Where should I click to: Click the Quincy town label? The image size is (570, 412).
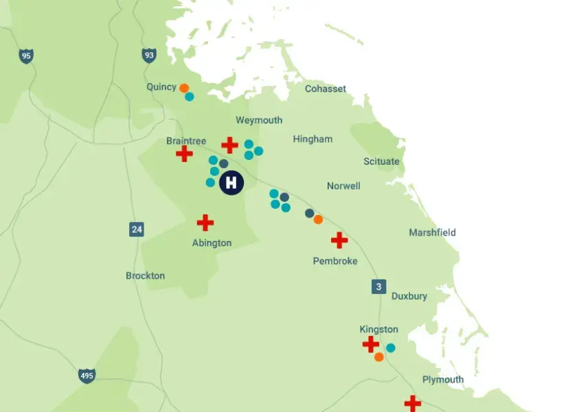pyautogui.click(x=161, y=87)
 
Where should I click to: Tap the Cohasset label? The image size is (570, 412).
pyautogui.click(x=326, y=89)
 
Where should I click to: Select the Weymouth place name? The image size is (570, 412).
pyautogui.click(x=259, y=120)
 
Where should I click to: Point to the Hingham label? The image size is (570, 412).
pyautogui.click(x=312, y=139)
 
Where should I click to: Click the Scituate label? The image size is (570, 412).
pyautogui.click(x=381, y=161)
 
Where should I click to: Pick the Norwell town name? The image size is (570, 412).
pyautogui.click(x=343, y=186)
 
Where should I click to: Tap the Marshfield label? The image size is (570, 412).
pyautogui.click(x=432, y=233)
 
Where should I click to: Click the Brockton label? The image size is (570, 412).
pyautogui.click(x=145, y=276)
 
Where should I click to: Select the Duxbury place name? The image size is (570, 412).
pyautogui.click(x=409, y=297)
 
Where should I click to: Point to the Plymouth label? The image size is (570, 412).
pyautogui.click(x=443, y=380)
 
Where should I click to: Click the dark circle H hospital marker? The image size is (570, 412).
pyautogui.click(x=231, y=183)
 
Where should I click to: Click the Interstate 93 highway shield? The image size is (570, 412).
pyautogui.click(x=149, y=55)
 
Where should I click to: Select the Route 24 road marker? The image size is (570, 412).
pyautogui.click(x=137, y=229)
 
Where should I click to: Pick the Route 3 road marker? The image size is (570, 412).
pyautogui.click(x=378, y=287)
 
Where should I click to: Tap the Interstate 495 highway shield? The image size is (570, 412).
pyautogui.click(x=87, y=376)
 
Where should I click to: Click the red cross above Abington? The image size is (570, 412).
pyautogui.click(x=205, y=222)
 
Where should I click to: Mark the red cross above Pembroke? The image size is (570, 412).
pyautogui.click(x=339, y=240)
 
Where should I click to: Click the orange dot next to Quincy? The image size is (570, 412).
pyautogui.click(x=184, y=88)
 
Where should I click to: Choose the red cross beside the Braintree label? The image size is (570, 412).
pyautogui.click(x=184, y=154)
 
